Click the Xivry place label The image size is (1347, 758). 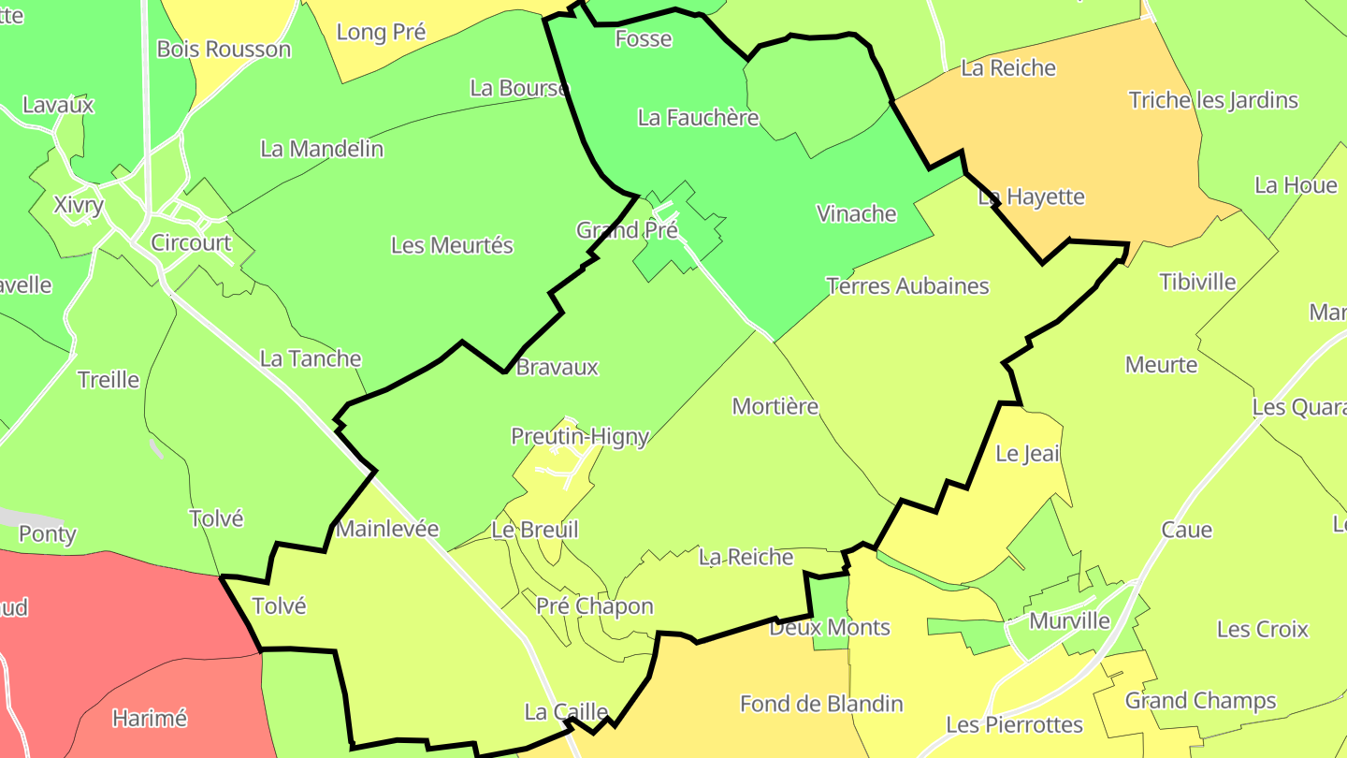tap(79, 205)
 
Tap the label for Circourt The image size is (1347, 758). tap(191, 242)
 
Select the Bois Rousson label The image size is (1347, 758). tap(224, 49)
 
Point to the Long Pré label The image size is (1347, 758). tap(381, 32)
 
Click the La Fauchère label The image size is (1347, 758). tap(698, 117)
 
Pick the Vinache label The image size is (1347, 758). tap(857, 213)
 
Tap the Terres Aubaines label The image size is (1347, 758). tap(907, 285)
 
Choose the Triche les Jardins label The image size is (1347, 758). tap(1213, 100)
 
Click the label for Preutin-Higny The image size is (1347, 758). tap(580, 436)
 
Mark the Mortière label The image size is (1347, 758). tap(775, 406)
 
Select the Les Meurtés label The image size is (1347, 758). tap(452, 245)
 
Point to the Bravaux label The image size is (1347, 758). tap(557, 367)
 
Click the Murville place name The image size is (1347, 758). tap(1069, 620)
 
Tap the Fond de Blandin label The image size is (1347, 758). tap(821, 703)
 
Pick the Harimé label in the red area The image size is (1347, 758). tap(150, 719)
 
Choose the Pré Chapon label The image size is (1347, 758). tap(595, 605)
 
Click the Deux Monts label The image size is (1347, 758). tap(830, 627)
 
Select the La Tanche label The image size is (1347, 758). tap(311, 358)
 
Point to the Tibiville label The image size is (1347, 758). tap(1197, 282)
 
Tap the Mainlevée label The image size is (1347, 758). tap(387, 529)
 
